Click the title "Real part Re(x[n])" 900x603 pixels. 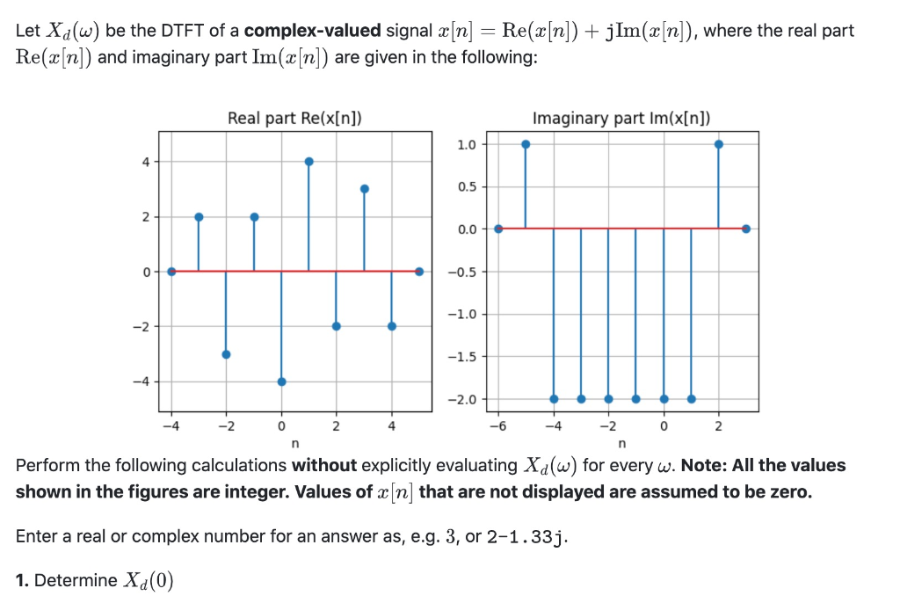click(x=295, y=119)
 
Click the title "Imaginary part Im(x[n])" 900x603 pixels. click(x=621, y=119)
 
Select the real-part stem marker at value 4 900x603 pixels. click(x=309, y=161)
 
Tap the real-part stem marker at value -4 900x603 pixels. click(x=281, y=381)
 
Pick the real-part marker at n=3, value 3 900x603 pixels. click(x=364, y=188)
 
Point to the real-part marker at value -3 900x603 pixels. click(x=226, y=354)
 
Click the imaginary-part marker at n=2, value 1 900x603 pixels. click(x=719, y=144)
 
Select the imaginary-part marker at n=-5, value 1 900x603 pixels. click(x=526, y=144)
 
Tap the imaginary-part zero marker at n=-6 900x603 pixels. click(x=498, y=229)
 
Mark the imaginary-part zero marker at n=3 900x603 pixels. click(x=746, y=229)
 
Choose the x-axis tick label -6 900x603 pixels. click(x=497, y=427)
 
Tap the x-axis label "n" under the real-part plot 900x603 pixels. click(x=294, y=443)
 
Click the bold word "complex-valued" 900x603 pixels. click(x=312, y=31)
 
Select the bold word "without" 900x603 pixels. click(x=324, y=465)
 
